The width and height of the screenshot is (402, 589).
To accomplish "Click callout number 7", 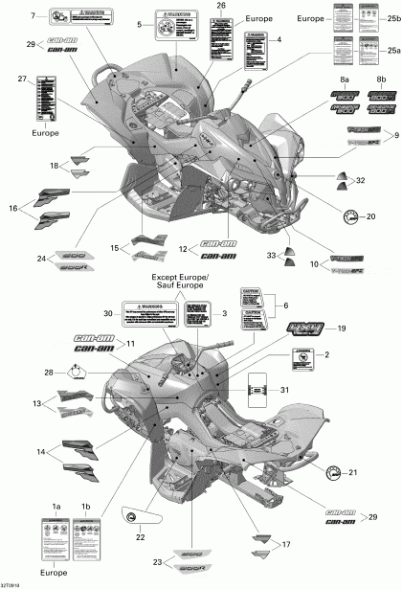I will point(33,16).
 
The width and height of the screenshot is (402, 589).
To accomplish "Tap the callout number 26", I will point(221,6).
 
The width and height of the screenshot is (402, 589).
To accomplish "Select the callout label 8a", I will point(345,77).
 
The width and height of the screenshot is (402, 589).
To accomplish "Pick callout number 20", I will point(370,216).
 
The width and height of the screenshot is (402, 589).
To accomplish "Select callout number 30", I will point(108,314).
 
